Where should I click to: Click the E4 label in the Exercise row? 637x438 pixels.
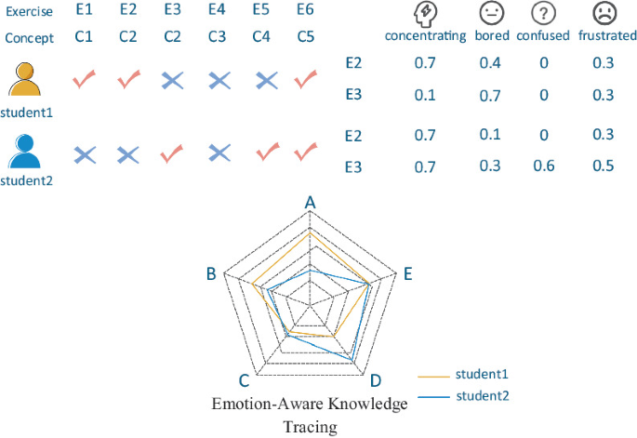217,12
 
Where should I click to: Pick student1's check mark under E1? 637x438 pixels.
86,81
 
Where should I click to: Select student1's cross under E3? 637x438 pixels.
172,81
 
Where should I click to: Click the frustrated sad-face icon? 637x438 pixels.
605,14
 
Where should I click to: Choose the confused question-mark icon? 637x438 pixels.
544,14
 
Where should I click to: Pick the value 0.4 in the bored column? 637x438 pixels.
490,61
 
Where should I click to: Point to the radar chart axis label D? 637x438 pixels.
374,381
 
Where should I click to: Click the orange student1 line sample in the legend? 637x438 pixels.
432,376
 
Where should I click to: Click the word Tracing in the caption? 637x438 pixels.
310,427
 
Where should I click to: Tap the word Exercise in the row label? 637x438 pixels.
27,12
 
